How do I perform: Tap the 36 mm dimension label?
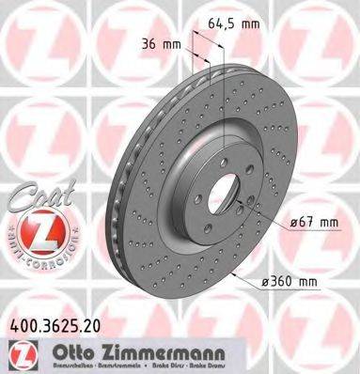point(160,42)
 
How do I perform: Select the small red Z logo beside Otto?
point(25,352)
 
